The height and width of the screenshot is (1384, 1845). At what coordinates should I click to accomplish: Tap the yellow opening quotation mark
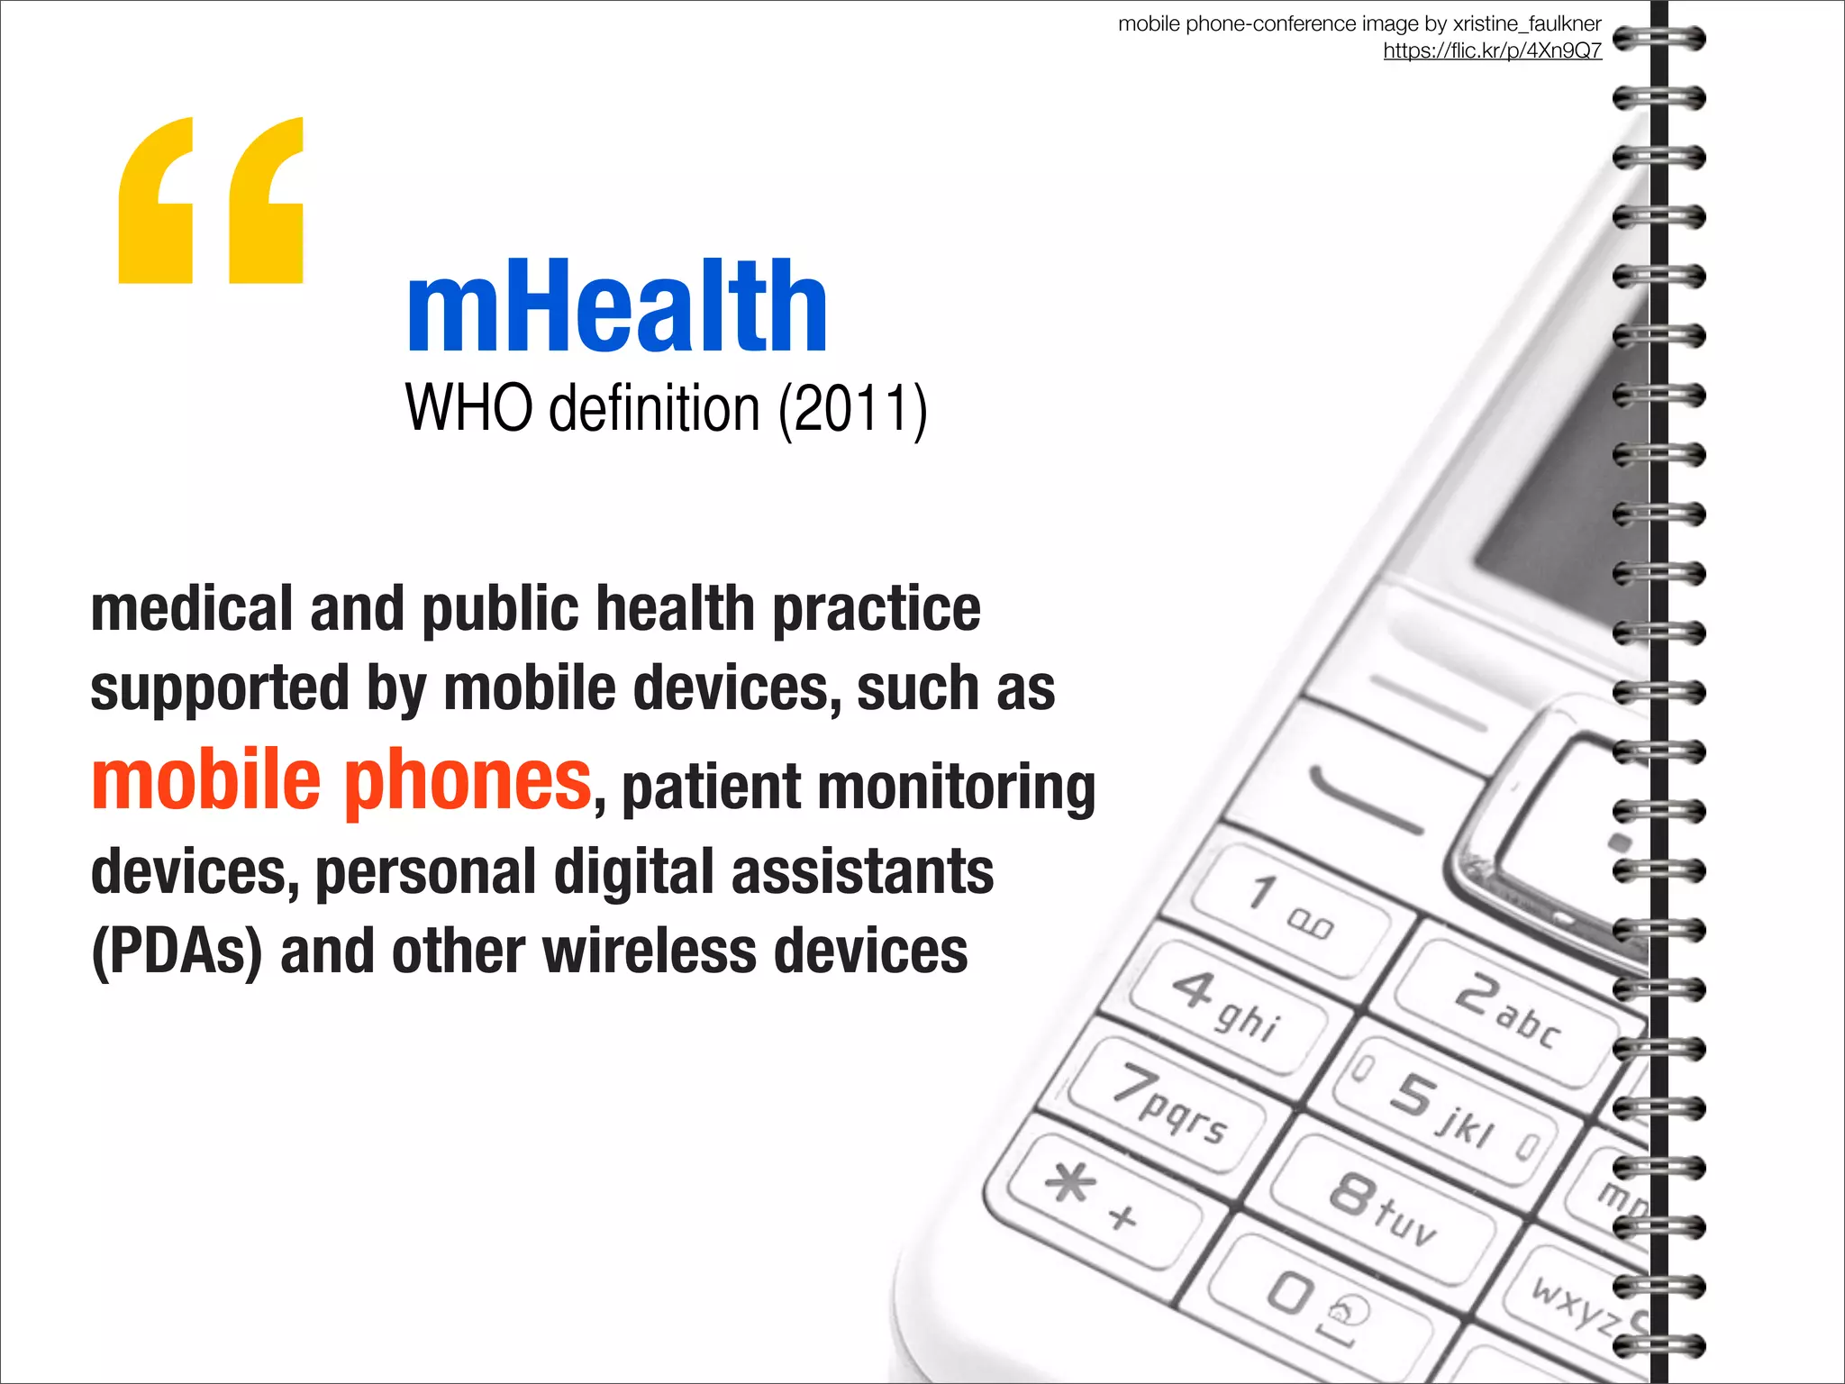tap(211, 201)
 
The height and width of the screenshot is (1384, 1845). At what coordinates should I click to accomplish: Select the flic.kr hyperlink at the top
tap(1492, 50)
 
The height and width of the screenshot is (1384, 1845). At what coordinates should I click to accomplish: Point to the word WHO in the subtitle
tap(468, 409)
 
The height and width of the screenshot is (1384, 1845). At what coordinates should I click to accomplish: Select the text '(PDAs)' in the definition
tap(177, 952)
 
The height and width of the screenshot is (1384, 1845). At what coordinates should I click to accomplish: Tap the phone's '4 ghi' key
tap(1229, 1006)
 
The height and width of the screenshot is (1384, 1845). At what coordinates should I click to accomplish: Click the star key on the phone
tap(1095, 1196)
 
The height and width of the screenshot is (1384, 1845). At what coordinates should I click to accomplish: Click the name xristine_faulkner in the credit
tap(1527, 23)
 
